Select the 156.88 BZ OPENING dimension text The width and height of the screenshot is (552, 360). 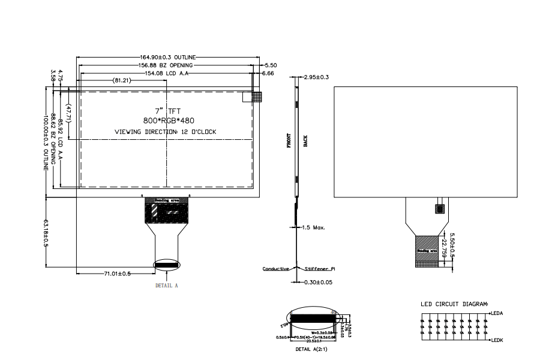166,65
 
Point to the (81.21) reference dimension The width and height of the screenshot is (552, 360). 122,80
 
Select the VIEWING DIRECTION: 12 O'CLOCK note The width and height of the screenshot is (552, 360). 165,131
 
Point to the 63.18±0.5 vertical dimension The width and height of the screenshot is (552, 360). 46,233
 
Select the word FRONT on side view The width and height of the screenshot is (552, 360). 289,140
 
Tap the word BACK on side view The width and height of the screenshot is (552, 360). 305,141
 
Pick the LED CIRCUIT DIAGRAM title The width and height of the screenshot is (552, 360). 454,304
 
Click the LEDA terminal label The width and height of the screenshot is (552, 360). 497,313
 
